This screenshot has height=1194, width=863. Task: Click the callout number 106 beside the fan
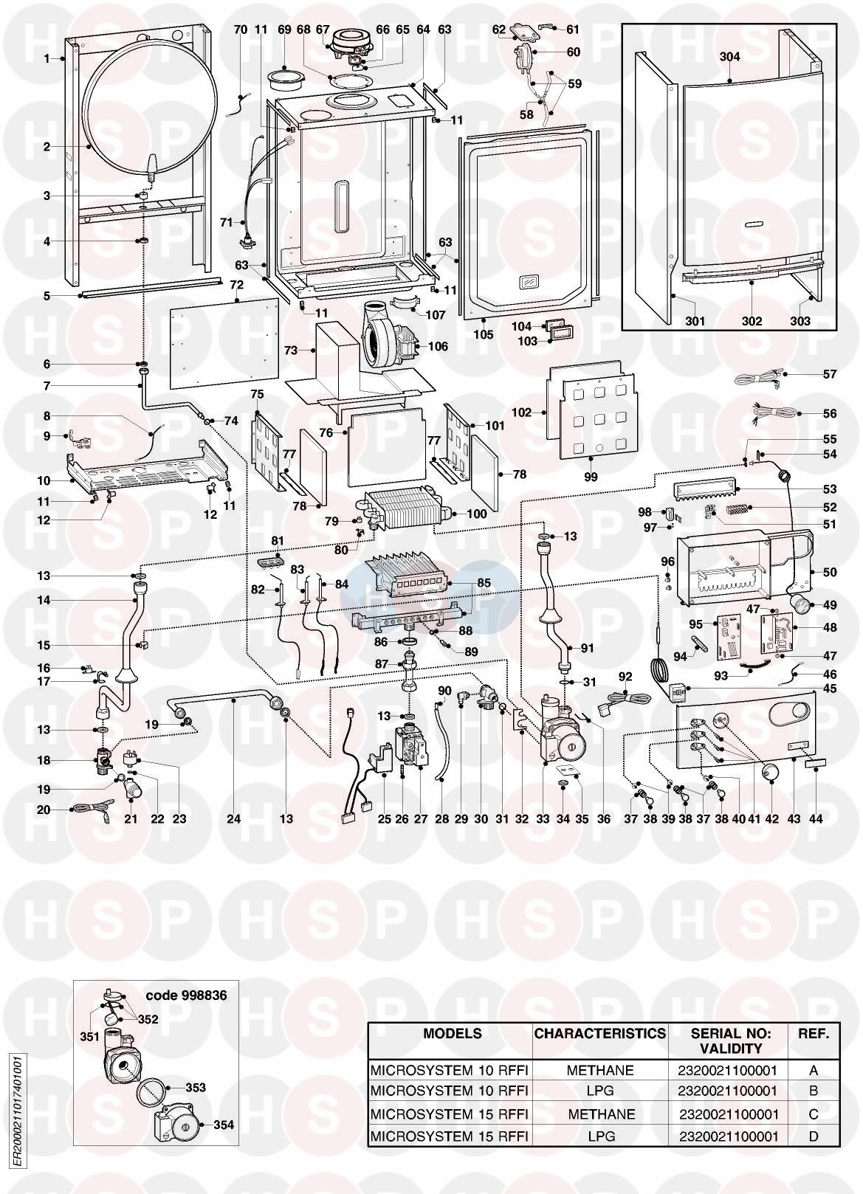[438, 347]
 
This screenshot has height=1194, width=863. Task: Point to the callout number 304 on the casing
[729, 57]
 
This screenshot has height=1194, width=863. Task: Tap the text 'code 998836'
[186, 995]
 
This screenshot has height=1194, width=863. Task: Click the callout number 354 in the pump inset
[224, 1125]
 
